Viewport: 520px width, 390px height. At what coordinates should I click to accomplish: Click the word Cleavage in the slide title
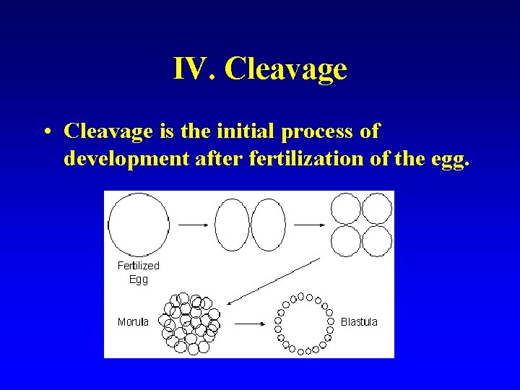[286, 69]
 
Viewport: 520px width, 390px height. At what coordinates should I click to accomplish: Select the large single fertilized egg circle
[138, 224]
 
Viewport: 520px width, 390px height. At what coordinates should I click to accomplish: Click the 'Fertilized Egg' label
[138, 272]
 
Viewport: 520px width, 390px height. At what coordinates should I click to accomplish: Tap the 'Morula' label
[133, 322]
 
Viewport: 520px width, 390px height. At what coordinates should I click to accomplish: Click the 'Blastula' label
[359, 322]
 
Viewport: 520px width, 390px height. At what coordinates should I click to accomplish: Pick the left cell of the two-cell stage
[232, 225]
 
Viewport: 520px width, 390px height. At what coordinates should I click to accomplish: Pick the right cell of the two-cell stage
[268, 225]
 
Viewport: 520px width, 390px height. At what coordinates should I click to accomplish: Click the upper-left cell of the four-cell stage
[345, 209]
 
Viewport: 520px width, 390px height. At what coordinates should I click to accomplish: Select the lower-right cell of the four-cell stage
[377, 240]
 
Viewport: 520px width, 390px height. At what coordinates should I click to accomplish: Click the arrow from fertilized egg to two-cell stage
[193, 225]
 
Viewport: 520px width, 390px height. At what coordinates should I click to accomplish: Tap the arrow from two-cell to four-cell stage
[310, 225]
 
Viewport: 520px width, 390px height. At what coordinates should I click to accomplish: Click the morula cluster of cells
[191, 323]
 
